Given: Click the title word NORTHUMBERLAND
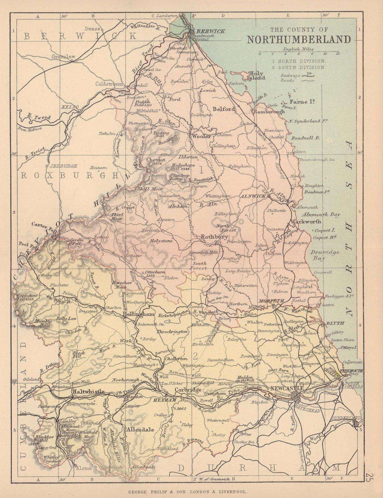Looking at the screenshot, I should pos(299,40).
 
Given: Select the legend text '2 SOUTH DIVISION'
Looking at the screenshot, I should pos(298,67).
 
